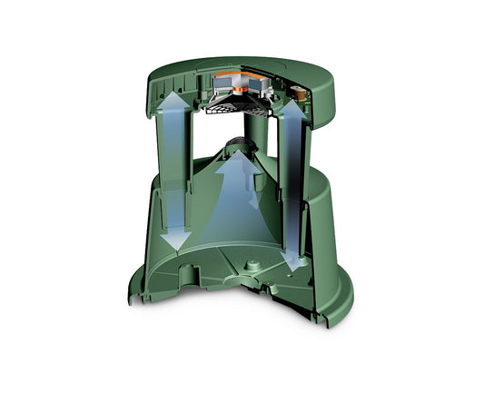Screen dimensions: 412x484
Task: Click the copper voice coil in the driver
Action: (241, 89)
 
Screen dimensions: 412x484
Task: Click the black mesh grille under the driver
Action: (239, 110)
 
